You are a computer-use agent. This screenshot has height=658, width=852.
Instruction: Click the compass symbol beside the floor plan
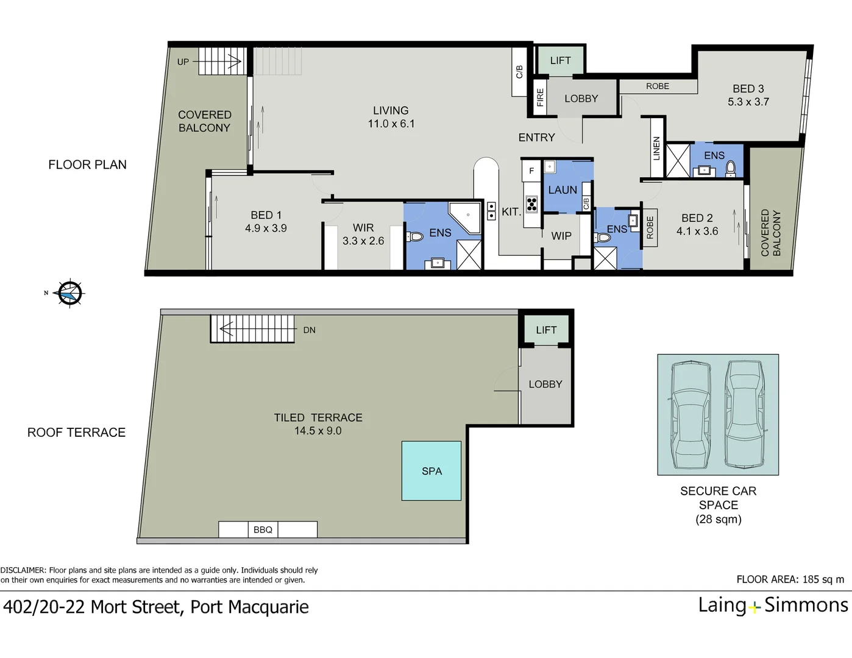click(70, 293)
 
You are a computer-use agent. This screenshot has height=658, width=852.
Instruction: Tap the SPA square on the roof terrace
click(431, 471)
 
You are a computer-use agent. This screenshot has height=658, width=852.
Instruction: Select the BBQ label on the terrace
click(263, 529)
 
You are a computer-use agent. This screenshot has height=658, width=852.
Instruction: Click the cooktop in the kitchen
click(531, 204)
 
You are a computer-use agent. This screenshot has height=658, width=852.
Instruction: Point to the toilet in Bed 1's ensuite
click(414, 237)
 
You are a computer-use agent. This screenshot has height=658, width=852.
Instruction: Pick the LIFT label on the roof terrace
click(546, 330)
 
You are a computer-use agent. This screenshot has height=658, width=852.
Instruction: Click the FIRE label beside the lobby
click(540, 97)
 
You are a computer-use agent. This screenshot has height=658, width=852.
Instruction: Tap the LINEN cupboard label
click(656, 148)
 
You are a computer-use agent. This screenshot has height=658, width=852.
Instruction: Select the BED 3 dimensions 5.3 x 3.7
click(748, 102)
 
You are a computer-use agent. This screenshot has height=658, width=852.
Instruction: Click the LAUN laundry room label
click(563, 190)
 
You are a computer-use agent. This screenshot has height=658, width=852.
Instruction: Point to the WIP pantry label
click(561, 236)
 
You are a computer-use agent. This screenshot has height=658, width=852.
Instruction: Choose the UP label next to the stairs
click(183, 62)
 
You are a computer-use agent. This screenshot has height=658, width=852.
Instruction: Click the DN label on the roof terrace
click(309, 330)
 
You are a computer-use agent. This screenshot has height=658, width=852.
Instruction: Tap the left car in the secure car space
click(690, 415)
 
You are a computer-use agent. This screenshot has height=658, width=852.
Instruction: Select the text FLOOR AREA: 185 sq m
click(790, 579)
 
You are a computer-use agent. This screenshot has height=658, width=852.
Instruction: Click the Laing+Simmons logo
click(773, 605)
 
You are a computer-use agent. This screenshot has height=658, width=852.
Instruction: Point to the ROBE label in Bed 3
click(658, 87)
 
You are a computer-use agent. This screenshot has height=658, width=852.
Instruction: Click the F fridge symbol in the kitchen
click(531, 171)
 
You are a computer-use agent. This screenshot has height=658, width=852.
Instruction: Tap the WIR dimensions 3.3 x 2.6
click(363, 241)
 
